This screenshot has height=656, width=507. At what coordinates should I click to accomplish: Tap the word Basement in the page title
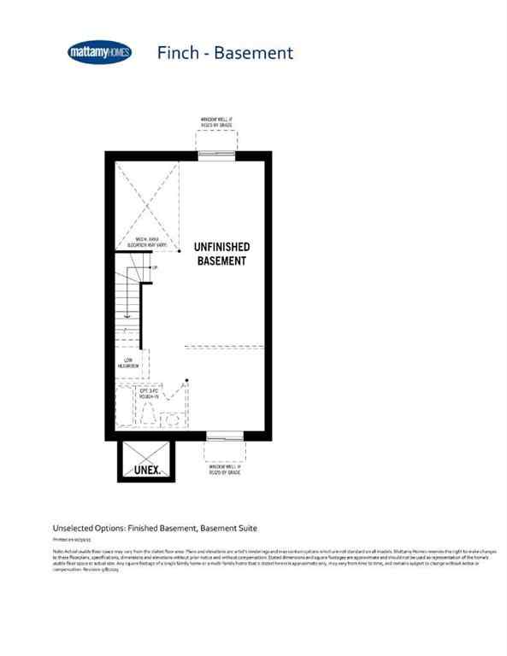coord(253,53)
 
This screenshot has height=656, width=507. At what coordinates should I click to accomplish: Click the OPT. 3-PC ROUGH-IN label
coord(152,392)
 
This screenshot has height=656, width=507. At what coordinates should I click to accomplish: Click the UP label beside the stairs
coord(155,268)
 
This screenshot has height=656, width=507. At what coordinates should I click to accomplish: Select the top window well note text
coord(216,121)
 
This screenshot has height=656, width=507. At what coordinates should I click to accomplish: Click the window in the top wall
coord(216,155)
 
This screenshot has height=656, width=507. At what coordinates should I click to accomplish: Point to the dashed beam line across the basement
coord(227,348)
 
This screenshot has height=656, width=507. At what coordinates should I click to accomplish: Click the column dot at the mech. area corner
coord(179,252)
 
